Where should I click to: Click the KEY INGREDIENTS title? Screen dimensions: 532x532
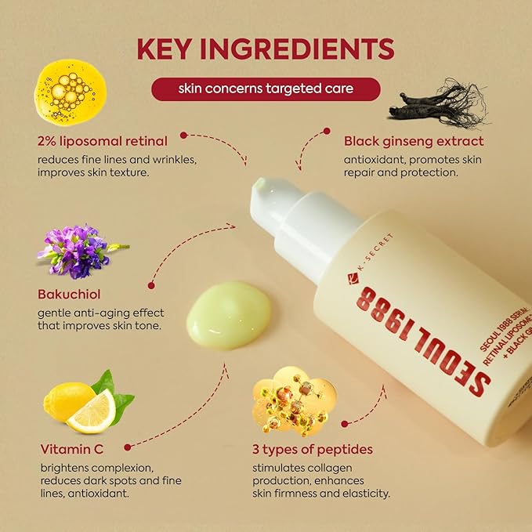pyautogui.click(x=266, y=48)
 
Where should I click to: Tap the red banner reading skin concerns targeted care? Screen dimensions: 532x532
pyautogui.click(x=265, y=89)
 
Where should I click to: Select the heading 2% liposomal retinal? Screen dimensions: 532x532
pyautogui.click(x=102, y=141)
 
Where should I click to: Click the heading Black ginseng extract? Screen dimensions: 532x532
pyautogui.click(x=414, y=141)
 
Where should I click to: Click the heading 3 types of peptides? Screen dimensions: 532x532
pyautogui.click(x=313, y=449)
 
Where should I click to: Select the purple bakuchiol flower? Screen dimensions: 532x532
pyautogui.click(x=77, y=250)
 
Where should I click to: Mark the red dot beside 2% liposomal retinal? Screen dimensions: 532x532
pyautogui.click(x=183, y=134)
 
